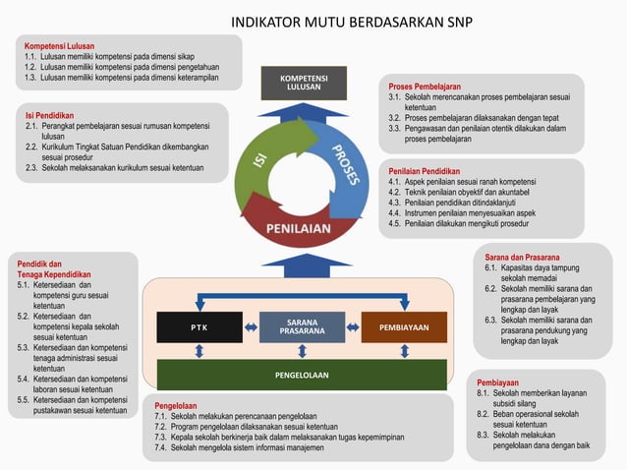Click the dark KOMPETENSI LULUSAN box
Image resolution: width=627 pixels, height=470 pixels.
[304, 83]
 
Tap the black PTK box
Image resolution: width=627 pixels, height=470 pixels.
[199, 326]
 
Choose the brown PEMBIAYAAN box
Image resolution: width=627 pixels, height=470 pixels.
[404, 326]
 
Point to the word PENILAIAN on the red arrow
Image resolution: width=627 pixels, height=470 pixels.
[303, 229]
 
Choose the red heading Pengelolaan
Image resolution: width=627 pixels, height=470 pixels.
[176, 405]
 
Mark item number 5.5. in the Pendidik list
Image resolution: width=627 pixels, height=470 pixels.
[25, 400]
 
